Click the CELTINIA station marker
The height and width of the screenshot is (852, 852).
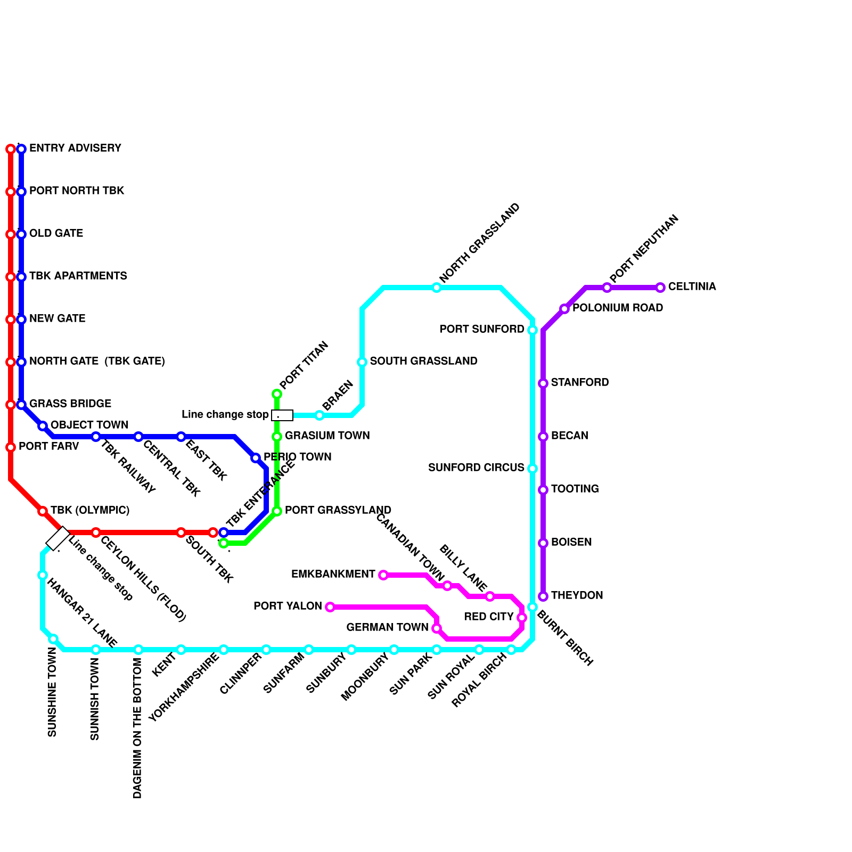click(660, 288)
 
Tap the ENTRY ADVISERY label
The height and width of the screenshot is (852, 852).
click(75, 148)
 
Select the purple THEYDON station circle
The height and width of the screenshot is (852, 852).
click(543, 596)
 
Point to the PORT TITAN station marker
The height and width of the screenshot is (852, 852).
click(277, 394)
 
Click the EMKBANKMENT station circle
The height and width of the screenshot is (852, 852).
click(383, 575)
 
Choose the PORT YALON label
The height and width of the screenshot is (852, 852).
click(288, 606)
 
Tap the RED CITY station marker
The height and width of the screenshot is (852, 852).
click(522, 618)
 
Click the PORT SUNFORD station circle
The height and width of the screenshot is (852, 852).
click(532, 330)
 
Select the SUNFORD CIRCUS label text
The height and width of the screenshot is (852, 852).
click(476, 468)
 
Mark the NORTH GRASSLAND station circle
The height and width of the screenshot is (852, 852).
click(437, 288)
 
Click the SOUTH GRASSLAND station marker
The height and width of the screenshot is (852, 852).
click(362, 362)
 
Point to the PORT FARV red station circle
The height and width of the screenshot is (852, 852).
click(11, 447)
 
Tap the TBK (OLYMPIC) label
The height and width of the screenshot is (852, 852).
click(90, 510)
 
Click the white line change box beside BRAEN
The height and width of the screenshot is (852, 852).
click(282, 415)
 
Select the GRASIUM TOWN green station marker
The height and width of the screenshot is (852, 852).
click(277, 437)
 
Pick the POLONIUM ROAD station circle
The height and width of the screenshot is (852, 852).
click(564, 309)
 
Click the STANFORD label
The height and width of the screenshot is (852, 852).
click(580, 382)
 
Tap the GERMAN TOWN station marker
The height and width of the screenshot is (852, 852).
click(437, 628)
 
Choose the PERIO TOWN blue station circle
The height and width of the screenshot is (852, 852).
click(256, 458)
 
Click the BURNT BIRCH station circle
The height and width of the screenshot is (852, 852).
click(532, 607)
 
